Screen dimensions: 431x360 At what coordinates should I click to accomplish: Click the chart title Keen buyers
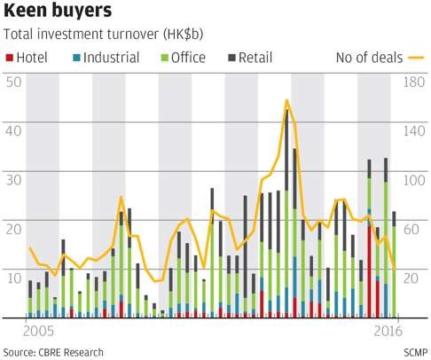click(58, 11)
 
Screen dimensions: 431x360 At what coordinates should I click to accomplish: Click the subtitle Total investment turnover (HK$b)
click(103, 35)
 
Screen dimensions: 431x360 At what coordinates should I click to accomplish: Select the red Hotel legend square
click(10, 58)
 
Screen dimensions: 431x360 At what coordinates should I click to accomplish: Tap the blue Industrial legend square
click(76, 58)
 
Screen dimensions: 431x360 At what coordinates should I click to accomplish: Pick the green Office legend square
click(164, 58)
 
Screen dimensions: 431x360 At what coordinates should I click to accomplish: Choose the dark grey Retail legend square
click(231, 58)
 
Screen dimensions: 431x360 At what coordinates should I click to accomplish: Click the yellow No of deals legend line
click(417, 58)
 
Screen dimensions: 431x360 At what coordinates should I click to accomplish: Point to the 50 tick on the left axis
click(13, 82)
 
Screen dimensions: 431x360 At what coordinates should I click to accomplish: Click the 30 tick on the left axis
click(13, 180)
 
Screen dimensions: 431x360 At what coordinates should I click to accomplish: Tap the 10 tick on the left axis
click(13, 278)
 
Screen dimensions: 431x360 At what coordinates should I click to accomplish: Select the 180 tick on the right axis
click(414, 82)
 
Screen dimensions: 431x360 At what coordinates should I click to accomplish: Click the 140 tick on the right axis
click(414, 131)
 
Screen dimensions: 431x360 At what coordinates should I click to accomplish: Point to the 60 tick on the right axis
click(411, 229)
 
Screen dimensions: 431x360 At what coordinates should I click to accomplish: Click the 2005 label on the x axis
click(39, 332)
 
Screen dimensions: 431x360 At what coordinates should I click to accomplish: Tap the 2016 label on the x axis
click(388, 332)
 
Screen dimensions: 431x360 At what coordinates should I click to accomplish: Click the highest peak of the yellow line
click(286, 100)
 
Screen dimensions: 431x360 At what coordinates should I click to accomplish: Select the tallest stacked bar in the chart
click(286, 214)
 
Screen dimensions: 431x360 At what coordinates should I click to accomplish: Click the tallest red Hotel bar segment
click(370, 272)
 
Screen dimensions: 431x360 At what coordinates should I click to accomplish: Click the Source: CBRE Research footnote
click(53, 353)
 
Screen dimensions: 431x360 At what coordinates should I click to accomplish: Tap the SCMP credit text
click(416, 353)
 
